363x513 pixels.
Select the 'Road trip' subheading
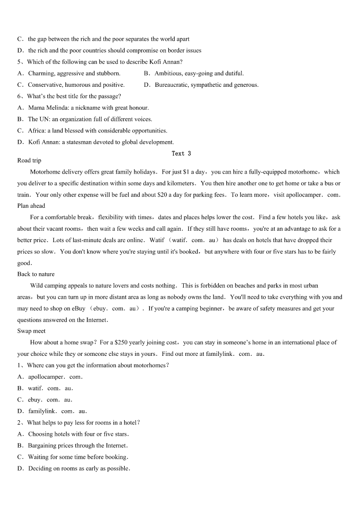[x=29, y=160]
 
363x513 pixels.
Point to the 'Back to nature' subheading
[x=36, y=274]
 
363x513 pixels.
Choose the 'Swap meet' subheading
[x=31, y=331]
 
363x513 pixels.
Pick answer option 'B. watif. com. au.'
[x=45, y=388]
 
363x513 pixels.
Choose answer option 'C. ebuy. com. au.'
[x=45, y=400]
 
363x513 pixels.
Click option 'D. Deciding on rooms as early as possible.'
[x=74, y=468]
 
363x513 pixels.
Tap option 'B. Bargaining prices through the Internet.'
[x=73, y=445]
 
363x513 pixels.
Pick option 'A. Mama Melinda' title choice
[x=83, y=108]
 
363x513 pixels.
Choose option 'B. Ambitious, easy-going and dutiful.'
[x=194, y=73]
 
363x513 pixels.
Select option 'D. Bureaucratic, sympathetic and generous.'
[x=201, y=85]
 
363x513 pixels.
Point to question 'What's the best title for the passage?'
[x=69, y=96]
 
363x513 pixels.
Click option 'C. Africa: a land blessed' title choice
[x=92, y=131]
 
